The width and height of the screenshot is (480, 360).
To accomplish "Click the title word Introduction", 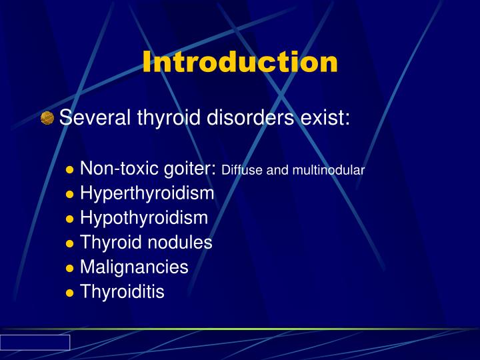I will pyautogui.click(x=240, y=62).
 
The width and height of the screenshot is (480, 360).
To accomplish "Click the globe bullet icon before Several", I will pyautogui.click(x=47, y=119).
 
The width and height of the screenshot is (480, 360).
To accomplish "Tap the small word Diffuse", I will pyautogui.click(x=242, y=171).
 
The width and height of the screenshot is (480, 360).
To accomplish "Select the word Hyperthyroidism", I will pyautogui.click(x=147, y=194).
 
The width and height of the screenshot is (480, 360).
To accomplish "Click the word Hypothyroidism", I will pyautogui.click(x=144, y=219).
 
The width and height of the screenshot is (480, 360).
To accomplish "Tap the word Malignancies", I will pyautogui.click(x=134, y=267).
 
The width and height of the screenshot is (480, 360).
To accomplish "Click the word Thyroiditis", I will pyautogui.click(x=122, y=291).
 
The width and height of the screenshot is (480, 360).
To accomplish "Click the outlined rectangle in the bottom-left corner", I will pyautogui.click(x=35, y=343).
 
